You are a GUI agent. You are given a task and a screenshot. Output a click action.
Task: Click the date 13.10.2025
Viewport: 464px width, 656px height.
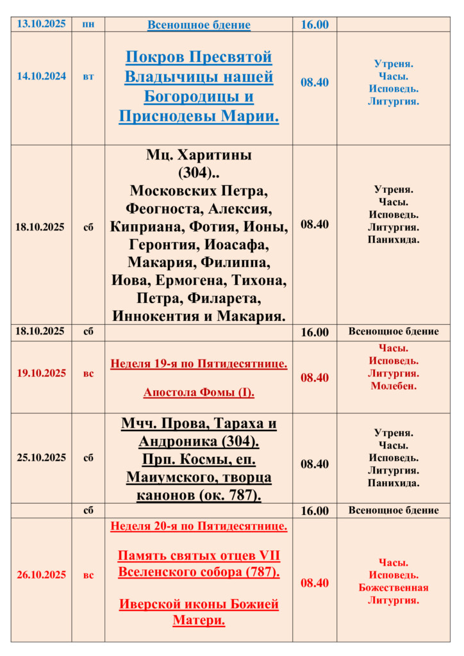(x=41, y=24)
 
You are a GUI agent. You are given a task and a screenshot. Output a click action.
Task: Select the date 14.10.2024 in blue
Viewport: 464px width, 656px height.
(x=41, y=76)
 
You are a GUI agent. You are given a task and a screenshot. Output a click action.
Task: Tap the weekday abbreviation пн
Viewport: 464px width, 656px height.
(x=88, y=24)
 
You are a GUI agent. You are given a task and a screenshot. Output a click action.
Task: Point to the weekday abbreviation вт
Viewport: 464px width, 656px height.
(x=88, y=76)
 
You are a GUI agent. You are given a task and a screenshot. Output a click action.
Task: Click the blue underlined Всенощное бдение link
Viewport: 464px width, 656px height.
(x=199, y=25)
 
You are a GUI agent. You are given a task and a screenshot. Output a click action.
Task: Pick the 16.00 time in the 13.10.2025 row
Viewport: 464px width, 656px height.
(x=315, y=24)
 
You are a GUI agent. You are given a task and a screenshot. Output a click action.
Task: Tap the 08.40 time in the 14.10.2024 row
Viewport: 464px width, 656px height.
(x=315, y=83)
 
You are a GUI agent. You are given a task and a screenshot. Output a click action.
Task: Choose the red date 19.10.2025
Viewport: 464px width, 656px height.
(x=41, y=373)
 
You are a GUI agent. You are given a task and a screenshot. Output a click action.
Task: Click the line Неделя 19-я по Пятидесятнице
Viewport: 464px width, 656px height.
(x=199, y=364)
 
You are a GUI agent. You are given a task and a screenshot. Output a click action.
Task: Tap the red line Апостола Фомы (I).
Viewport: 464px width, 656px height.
(x=199, y=392)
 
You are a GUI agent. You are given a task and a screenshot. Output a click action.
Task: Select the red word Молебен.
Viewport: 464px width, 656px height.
(x=394, y=386)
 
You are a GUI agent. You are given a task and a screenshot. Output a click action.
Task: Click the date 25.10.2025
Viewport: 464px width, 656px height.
(x=41, y=457)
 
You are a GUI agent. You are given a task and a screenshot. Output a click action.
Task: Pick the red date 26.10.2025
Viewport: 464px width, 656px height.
(x=41, y=575)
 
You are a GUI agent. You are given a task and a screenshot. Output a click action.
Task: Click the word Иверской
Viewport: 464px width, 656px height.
(x=149, y=603)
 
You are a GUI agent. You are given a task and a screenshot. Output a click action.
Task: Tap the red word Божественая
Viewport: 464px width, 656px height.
(x=394, y=587)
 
